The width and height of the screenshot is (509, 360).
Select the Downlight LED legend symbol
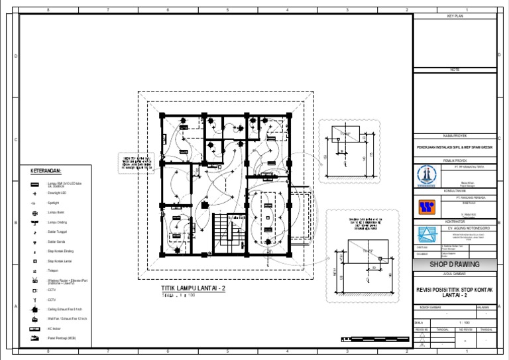coord(34,192)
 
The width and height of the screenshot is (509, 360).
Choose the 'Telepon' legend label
coord(53,271)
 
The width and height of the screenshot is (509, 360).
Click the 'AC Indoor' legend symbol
coord(34,328)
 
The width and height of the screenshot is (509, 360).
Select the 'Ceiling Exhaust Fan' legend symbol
coord(34,309)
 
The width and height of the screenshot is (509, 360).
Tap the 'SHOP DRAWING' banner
coord(454,265)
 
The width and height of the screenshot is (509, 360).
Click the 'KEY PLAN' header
coord(454,15)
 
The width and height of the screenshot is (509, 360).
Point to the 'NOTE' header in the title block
coord(454,69)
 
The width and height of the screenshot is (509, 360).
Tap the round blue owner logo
coord(424,176)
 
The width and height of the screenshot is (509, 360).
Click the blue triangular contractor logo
coord(424,234)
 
